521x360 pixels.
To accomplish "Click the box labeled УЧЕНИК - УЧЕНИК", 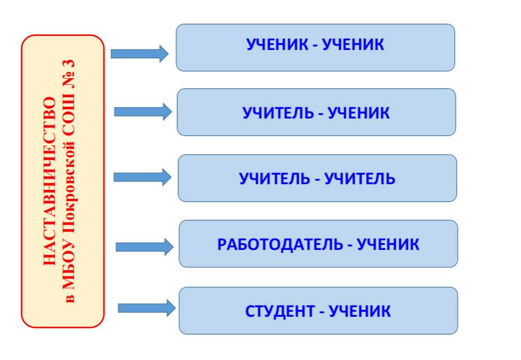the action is point(316,48).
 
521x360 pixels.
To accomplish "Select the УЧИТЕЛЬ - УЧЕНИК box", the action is point(316,112).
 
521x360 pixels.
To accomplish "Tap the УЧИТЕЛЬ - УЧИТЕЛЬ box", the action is point(317,178).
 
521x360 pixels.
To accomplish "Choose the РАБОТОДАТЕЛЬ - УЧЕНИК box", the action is point(318,244).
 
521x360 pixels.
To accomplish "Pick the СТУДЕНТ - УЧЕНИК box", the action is point(318,311).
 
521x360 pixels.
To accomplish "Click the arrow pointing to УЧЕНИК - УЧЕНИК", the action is point(140,53).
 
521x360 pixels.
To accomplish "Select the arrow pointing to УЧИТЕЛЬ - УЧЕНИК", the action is point(143,112).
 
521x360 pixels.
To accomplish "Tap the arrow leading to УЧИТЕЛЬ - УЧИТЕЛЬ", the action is point(143,177).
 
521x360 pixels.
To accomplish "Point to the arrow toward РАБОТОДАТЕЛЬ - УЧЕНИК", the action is point(144,247).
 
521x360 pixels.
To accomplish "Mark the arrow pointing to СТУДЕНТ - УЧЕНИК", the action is point(147,308).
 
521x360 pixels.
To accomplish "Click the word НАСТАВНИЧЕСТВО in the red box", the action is point(49,181).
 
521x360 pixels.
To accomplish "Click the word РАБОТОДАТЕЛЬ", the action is point(280,245).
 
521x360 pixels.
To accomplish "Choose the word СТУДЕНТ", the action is point(280,312).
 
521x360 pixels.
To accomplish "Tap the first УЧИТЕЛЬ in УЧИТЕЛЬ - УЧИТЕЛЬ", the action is point(275,179).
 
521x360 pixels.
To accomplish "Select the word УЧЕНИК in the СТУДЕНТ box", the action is point(359,312).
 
